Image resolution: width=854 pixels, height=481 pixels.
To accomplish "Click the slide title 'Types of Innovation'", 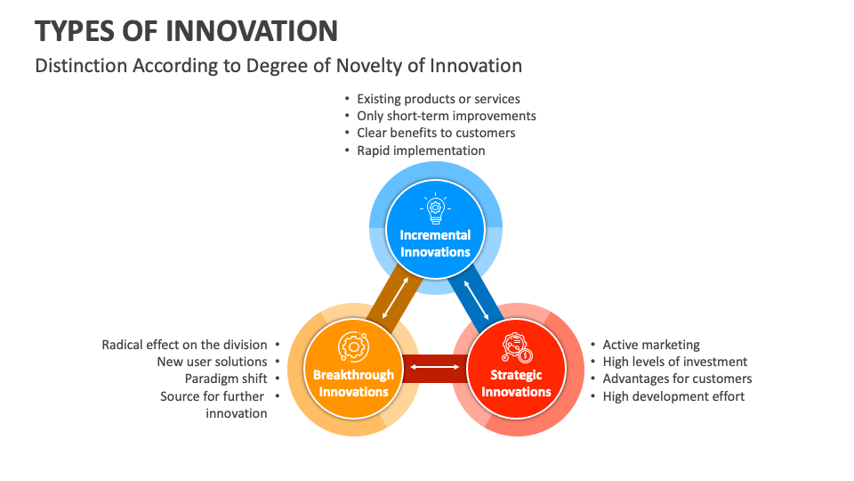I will point(186,31).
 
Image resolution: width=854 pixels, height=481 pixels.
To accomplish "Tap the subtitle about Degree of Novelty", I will point(278,66).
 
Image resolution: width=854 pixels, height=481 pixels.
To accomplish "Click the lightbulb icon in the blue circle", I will point(435,209).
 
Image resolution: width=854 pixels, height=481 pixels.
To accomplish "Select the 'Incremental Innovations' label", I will point(435,243).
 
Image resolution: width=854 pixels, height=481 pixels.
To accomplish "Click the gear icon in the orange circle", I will point(353,346).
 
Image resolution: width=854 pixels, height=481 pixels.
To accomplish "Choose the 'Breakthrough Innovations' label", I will point(353,383).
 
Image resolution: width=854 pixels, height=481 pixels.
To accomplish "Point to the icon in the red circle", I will point(516,346).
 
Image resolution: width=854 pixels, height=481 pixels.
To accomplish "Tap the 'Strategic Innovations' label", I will point(516,383).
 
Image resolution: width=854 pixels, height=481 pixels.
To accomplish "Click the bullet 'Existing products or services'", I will point(438,99).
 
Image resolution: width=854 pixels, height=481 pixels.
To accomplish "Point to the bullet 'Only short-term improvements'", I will point(446,116).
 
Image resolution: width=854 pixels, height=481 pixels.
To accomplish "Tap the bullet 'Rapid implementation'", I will point(421,151).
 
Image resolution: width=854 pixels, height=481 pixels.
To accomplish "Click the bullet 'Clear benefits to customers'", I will point(436,133).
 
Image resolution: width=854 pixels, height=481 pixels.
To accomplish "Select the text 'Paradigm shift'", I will point(226,379).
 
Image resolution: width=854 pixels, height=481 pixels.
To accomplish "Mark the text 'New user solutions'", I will point(212,362).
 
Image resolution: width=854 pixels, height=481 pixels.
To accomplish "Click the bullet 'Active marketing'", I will point(651,345).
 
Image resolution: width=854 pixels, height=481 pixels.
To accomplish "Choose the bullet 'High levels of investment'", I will point(674,362).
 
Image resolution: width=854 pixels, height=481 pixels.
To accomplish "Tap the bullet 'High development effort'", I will point(673,395).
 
